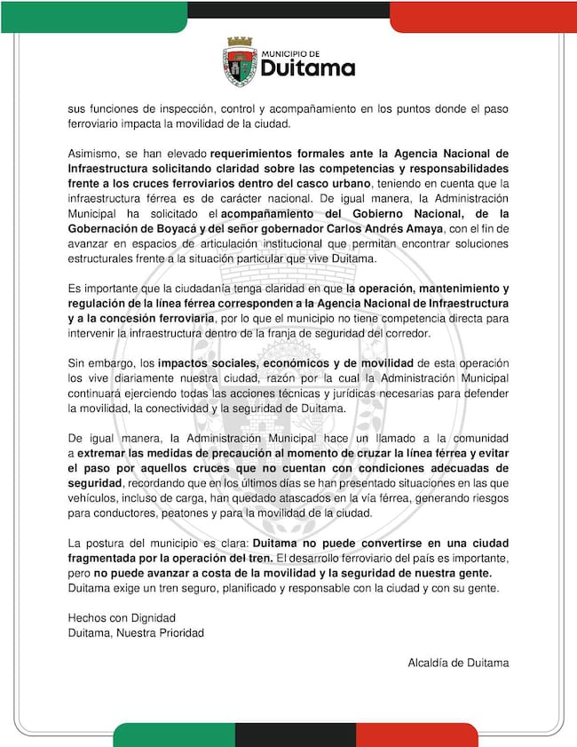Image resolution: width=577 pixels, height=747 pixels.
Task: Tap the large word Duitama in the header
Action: tap(307, 68)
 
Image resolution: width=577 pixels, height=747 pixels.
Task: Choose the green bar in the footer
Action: tap(174, 735)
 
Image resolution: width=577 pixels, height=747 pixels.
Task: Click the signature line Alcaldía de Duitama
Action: tap(458, 663)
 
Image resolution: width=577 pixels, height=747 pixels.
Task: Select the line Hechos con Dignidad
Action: tap(122, 617)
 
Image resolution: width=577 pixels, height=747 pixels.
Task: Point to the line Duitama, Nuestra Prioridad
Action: tap(136, 632)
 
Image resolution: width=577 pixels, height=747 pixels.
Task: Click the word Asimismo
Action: tap(95, 153)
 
